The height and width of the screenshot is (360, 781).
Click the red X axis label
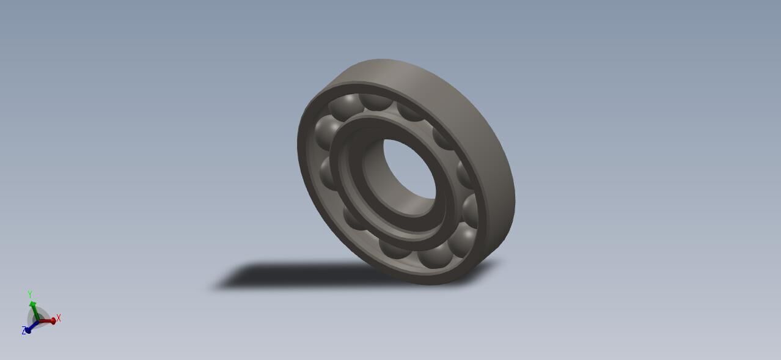click(x=59, y=318)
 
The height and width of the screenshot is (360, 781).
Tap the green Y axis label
click(x=29, y=295)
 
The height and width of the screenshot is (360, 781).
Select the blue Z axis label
click(x=24, y=331)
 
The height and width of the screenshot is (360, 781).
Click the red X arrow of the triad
click(x=49, y=320)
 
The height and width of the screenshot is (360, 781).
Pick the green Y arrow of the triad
click(x=34, y=308)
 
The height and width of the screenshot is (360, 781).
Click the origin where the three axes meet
click(x=38, y=320)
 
